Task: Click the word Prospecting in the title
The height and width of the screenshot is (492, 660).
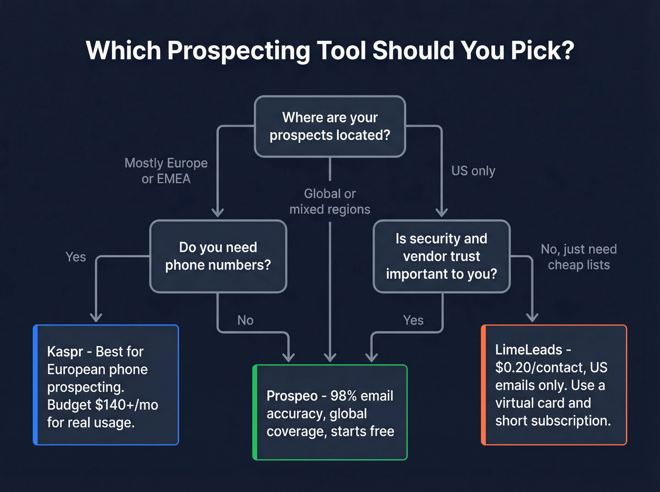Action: [239, 50]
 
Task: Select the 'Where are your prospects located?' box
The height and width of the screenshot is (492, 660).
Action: [330, 126]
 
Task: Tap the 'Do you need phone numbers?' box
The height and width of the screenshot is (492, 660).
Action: [218, 256]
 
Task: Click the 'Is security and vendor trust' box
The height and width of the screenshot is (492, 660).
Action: [441, 256]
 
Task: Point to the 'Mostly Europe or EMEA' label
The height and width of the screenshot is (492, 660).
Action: [166, 171]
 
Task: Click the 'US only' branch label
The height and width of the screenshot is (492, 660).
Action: [473, 171]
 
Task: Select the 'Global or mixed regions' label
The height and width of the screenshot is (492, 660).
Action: [330, 202]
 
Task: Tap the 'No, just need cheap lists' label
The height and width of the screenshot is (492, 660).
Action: [578, 257]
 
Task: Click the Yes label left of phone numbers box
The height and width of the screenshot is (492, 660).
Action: [75, 257]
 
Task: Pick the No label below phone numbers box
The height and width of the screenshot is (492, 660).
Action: [245, 321]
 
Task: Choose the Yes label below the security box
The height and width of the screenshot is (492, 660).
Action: [413, 321]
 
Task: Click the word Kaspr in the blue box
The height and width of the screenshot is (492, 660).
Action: [65, 352]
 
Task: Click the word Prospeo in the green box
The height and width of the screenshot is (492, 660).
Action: [292, 396]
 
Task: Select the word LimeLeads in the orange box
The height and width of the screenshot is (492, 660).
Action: [528, 350]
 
